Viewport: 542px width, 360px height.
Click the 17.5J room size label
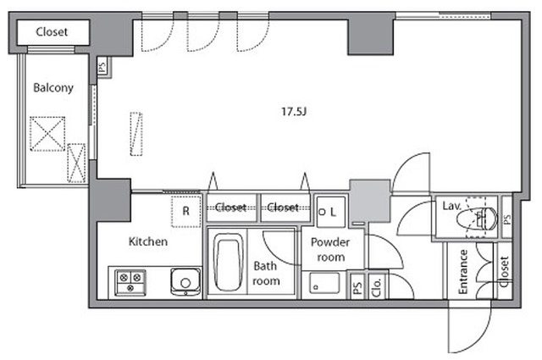click(x=294, y=111)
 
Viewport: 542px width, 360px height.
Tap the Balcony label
click(x=53, y=87)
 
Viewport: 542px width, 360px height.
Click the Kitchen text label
click(x=148, y=241)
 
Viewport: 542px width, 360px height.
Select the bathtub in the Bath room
click(x=228, y=263)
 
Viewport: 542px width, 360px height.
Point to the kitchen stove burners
click(x=130, y=283)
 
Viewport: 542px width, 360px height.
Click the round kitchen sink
click(x=185, y=283)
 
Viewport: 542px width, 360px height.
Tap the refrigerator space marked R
click(x=186, y=211)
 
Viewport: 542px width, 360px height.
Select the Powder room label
click(x=330, y=249)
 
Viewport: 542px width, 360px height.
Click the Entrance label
click(x=462, y=272)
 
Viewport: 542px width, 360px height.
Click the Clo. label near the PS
click(x=376, y=287)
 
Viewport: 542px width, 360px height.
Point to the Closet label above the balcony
click(x=52, y=32)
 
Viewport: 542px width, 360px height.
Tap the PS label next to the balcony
click(x=102, y=68)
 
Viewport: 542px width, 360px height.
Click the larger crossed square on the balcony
click(x=47, y=134)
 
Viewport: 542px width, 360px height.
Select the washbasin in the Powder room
click(x=324, y=283)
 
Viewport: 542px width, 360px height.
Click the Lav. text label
click(x=451, y=206)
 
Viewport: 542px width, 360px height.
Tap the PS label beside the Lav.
click(x=506, y=219)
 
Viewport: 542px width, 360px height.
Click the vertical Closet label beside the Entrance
click(x=505, y=271)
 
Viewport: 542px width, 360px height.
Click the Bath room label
click(x=266, y=274)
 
